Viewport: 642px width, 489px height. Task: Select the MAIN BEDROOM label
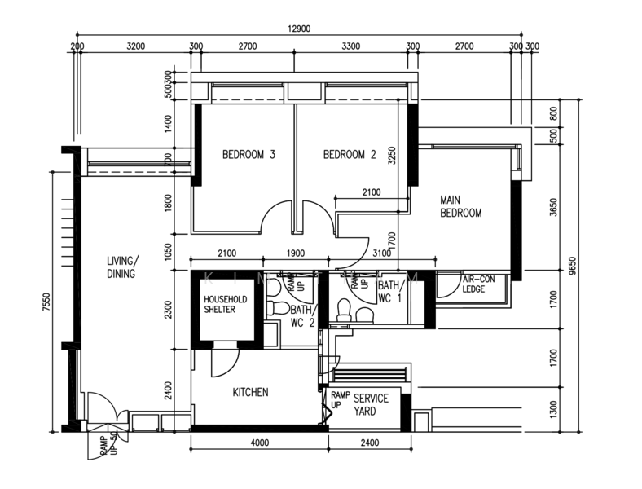[460, 206]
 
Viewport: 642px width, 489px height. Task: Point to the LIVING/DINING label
[121, 267]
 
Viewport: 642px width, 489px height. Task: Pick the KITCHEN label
[250, 392]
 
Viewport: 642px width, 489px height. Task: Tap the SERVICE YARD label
[371, 405]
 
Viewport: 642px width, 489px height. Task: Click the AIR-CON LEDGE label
[478, 284]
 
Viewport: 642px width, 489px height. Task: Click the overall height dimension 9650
[572, 266]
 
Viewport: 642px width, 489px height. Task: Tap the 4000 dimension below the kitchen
[258, 443]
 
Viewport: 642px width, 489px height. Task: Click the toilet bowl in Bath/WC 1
[344, 310]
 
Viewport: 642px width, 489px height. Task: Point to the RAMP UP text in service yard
[341, 399]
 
